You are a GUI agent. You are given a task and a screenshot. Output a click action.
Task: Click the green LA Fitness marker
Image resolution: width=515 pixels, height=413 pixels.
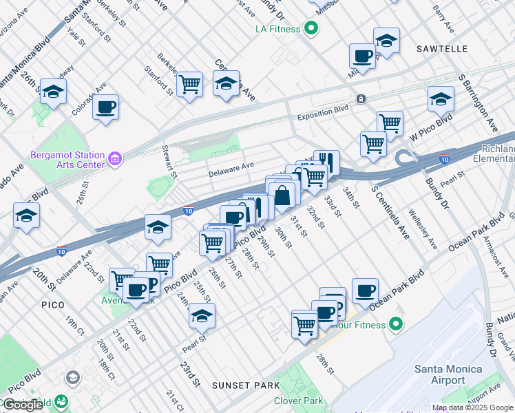click(x=311, y=29)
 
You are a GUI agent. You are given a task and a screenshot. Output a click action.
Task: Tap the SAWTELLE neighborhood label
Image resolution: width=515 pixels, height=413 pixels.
click(x=442, y=49)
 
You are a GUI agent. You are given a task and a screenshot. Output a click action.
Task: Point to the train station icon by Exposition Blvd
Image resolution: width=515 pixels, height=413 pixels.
click(x=361, y=99)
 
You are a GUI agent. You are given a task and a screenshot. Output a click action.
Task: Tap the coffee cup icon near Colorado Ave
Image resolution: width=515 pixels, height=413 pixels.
click(x=106, y=108)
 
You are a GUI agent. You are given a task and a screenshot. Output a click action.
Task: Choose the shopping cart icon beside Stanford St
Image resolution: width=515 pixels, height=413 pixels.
click(x=189, y=85)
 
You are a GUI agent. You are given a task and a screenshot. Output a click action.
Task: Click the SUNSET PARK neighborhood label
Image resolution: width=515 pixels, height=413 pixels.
click(x=245, y=385)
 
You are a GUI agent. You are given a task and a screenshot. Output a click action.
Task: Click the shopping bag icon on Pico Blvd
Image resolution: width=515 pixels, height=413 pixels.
click(x=282, y=195)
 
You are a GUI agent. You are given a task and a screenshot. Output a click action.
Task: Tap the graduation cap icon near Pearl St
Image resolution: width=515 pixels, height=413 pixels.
click(x=202, y=316)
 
